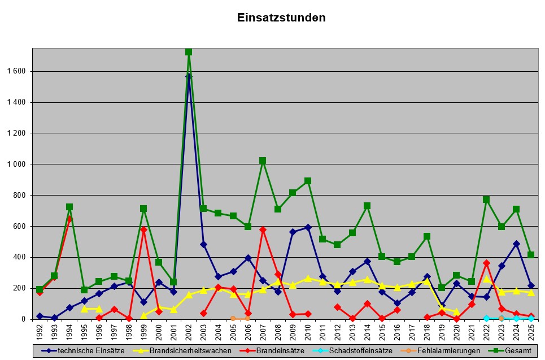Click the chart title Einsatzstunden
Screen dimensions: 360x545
click(x=281, y=18)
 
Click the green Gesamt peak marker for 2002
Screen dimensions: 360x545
click(x=189, y=52)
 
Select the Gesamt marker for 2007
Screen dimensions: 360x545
click(x=263, y=161)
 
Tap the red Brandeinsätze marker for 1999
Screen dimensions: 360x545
click(x=143, y=229)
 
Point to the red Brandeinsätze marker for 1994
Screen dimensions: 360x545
click(x=69, y=218)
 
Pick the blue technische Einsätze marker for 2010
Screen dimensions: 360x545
click(x=308, y=227)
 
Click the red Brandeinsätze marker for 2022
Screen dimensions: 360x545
click(x=486, y=263)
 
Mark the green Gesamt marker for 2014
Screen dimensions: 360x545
click(x=367, y=206)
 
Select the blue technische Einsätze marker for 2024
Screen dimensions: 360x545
click(x=516, y=244)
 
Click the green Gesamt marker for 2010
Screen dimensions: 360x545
click(x=308, y=181)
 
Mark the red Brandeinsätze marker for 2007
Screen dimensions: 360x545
click(x=263, y=229)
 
